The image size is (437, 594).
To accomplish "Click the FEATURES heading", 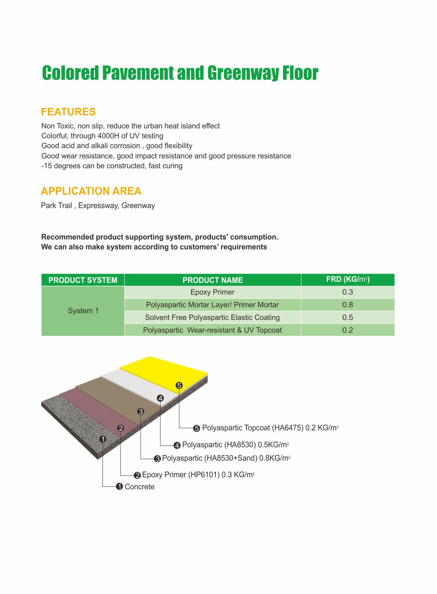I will [68, 112].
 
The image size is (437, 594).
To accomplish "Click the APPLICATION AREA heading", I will [91, 191].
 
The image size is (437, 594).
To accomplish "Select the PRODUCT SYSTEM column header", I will [83, 280].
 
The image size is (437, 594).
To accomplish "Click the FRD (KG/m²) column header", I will [348, 280].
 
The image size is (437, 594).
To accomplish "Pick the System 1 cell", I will [83, 311].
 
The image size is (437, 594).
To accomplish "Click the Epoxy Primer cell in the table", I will [212, 292].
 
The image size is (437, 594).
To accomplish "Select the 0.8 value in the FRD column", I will [348, 305].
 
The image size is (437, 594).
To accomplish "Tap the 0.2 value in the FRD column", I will [348, 330].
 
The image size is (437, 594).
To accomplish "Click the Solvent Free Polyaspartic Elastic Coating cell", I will [212, 317].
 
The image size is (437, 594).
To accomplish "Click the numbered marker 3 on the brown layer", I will [141, 411].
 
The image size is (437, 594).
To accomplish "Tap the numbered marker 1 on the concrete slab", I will [103, 439].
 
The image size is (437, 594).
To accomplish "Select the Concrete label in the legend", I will [139, 487].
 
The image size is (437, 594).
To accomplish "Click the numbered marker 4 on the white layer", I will [161, 398].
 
